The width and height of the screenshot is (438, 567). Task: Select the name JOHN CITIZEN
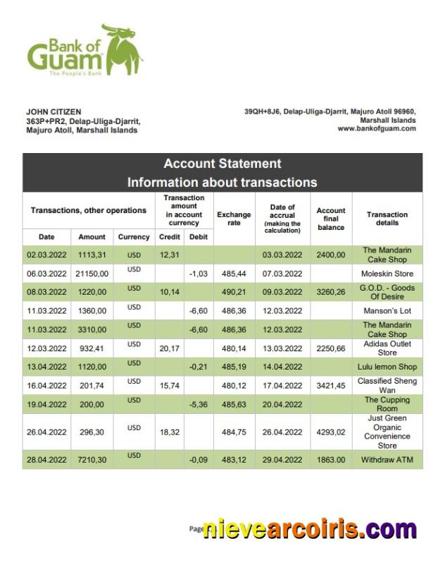coord(54,111)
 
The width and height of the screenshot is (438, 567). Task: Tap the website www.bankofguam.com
coord(376,128)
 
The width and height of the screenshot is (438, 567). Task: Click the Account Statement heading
coord(222,164)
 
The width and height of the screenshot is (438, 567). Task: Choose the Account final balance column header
coord(331,219)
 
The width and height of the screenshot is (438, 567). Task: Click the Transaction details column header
coord(387,219)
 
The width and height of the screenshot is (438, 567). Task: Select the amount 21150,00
coord(92,274)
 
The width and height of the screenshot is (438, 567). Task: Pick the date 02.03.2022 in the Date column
coord(46,255)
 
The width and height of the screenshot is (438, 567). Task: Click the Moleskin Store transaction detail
coord(387,274)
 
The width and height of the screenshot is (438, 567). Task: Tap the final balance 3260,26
coord(331,292)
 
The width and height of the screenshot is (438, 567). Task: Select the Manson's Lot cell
coord(387,310)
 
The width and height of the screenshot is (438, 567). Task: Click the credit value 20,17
coord(169,348)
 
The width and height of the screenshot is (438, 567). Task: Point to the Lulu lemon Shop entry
coord(387,367)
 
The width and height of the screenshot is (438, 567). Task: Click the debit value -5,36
coord(199,404)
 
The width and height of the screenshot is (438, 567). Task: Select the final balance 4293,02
coord(331,432)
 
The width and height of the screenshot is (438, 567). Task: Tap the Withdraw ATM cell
coord(387,459)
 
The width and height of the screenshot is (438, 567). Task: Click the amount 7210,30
coord(92,459)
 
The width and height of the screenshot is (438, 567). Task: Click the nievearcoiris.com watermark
coord(310,529)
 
